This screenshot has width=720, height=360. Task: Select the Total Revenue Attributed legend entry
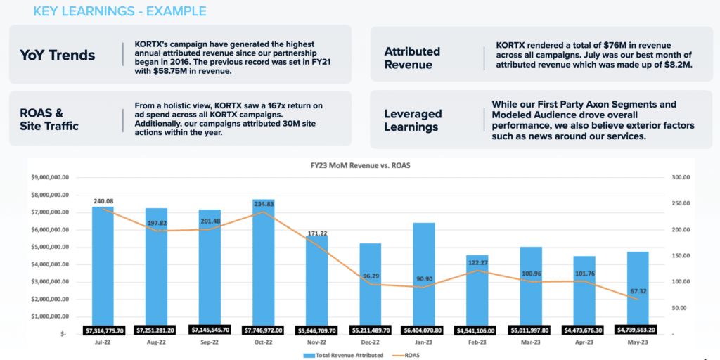coord(345,356)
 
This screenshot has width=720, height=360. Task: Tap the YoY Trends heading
coord(57,55)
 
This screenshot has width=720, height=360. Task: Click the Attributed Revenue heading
coord(412,58)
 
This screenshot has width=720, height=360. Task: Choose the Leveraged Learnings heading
coord(413,120)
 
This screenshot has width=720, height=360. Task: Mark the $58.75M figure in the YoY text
coord(172,72)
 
